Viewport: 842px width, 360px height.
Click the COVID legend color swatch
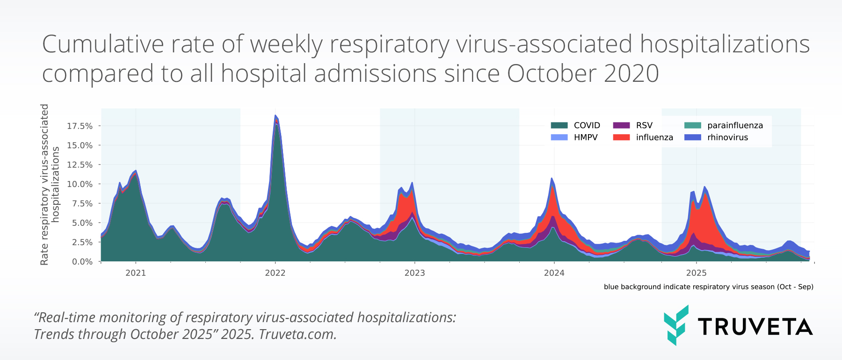pos(559,125)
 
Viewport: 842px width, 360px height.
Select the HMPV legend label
pos(586,137)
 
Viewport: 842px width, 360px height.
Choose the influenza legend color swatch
pos(621,137)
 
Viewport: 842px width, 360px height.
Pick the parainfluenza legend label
pos(735,125)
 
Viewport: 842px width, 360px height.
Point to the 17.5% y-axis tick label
pos(80,126)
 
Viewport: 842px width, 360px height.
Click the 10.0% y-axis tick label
pos(80,184)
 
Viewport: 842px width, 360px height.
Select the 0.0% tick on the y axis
pos(82,262)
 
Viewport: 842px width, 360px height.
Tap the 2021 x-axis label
pos(136,273)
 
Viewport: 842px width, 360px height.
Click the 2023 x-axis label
pos(414,273)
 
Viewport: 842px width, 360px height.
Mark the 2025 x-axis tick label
pos(696,273)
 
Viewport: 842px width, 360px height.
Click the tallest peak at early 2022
pos(276,117)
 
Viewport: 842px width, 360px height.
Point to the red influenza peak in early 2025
pos(704,210)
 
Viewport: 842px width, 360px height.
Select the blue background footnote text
pos(708,287)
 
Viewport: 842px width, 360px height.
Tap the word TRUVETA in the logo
pos(755,327)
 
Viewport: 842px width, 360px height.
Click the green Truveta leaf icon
pos(676,325)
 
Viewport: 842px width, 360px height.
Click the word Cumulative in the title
pos(103,44)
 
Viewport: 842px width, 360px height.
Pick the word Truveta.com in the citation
pos(298,334)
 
